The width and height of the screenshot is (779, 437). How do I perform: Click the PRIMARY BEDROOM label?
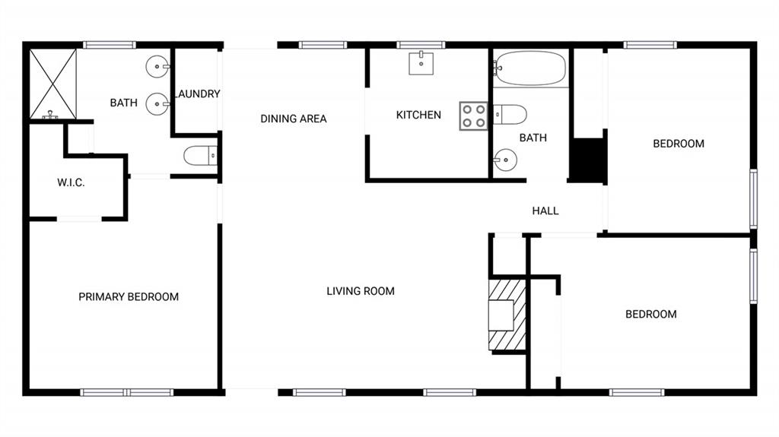129,296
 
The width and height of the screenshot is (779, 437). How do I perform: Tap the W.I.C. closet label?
71,183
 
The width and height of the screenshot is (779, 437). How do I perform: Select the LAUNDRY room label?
197,94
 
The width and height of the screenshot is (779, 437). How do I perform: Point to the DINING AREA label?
294,119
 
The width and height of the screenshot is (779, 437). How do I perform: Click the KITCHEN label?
418,115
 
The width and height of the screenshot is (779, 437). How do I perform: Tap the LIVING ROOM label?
361,290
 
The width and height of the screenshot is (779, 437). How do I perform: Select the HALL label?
545,211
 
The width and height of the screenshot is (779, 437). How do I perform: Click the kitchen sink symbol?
421,64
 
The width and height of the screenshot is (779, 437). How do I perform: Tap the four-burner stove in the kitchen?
472,116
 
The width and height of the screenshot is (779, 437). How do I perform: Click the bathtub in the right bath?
530,68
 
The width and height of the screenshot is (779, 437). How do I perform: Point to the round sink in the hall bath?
504,160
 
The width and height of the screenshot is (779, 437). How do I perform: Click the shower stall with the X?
53,84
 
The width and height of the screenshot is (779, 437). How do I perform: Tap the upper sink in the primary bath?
157,68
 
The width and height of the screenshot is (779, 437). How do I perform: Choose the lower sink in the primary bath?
157,103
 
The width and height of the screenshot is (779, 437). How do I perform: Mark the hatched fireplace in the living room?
506,314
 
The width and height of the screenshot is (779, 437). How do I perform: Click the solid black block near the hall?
588,160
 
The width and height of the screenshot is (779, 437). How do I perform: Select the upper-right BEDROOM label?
679,143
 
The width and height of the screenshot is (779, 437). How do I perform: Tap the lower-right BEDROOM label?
650,314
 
